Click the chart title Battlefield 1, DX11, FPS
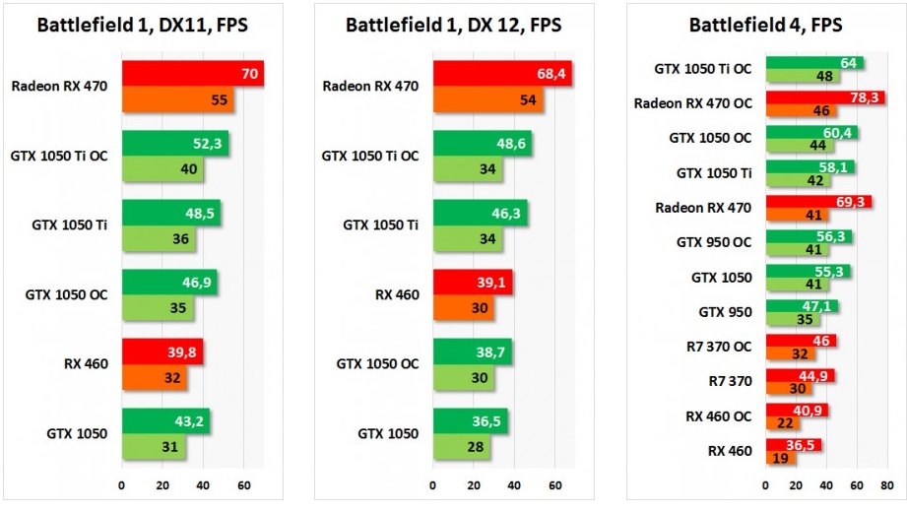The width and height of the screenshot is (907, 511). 142,25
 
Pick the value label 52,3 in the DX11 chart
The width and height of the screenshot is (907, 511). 205,144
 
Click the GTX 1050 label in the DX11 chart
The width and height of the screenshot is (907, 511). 77,433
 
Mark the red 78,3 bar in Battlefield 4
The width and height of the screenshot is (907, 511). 817,97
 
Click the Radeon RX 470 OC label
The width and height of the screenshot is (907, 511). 693,102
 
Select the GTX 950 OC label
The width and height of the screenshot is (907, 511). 714,241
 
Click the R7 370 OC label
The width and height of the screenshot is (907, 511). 718,346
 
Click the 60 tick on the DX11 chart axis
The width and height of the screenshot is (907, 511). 243,485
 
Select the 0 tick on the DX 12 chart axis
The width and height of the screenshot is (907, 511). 431,485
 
